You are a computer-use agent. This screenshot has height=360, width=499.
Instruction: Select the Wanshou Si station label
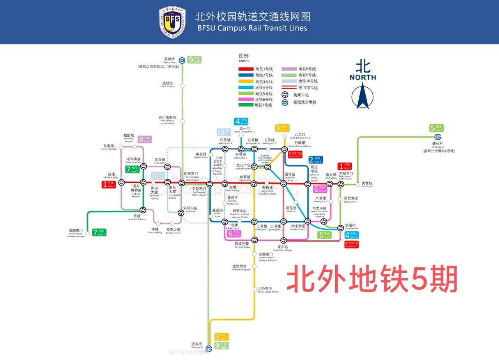point(196,345)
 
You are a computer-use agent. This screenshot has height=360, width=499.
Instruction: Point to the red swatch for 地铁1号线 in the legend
point(246,69)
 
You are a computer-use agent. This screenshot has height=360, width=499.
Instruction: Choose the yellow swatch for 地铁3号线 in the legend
point(246,81)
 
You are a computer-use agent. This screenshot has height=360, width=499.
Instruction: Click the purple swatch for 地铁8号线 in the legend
point(288,69)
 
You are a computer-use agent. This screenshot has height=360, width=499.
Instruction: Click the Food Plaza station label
point(366,184)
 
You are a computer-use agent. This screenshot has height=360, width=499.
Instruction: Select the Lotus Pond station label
point(291,209)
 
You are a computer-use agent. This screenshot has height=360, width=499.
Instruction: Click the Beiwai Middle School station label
point(267,290)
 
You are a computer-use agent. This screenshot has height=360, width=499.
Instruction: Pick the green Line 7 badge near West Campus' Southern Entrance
point(99,233)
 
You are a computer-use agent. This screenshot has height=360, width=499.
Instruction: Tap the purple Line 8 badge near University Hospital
point(145,139)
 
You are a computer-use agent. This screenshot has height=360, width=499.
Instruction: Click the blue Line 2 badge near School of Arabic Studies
point(316,160)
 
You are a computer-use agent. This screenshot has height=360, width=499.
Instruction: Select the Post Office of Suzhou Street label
point(167,119)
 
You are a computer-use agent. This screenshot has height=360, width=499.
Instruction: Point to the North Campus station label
point(167,84)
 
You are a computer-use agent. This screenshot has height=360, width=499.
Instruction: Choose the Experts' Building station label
point(109,147)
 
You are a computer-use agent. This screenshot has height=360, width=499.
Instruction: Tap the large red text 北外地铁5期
point(372,279)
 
